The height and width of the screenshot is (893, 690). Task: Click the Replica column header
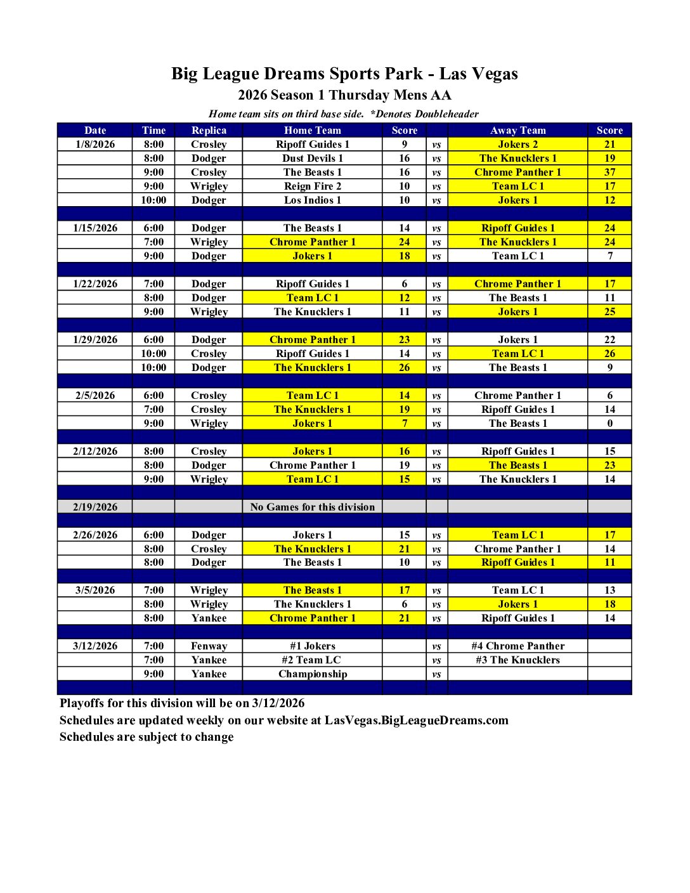click(209, 130)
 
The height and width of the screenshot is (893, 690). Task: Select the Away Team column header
click(517, 130)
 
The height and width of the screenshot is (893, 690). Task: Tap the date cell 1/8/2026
click(95, 144)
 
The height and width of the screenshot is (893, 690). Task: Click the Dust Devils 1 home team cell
click(312, 158)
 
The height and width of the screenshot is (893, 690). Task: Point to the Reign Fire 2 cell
click(312, 186)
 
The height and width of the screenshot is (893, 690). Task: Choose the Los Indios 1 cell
click(312, 200)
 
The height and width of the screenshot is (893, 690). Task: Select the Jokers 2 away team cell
click(517, 144)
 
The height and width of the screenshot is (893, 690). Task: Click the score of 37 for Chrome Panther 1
click(609, 172)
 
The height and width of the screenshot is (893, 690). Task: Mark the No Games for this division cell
click(312, 507)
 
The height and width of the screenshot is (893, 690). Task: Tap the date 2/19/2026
click(95, 507)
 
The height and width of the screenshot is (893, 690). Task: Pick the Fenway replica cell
click(209, 646)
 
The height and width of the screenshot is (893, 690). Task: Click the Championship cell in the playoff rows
click(312, 674)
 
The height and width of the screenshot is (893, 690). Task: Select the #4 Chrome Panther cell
click(517, 646)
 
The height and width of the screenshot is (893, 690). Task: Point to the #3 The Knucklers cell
click(517, 660)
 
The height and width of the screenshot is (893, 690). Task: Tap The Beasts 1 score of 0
click(609, 423)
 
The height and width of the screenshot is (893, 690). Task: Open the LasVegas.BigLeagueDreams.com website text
click(416, 720)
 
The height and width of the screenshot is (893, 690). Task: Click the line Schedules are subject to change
click(146, 736)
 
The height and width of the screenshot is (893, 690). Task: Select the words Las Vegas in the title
click(478, 74)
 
